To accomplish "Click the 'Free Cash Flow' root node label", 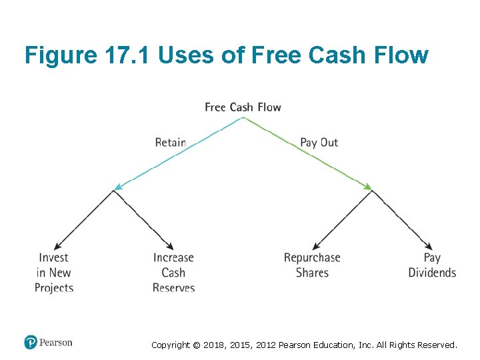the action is pos(243,107).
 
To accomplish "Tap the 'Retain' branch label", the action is pos(170,142).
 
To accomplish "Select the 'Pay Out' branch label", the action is pos(319,142).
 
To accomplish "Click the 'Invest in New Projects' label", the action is pos(54,273).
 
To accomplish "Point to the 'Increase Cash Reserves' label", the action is pos(173,273).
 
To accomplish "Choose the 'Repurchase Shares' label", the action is pos(312,265).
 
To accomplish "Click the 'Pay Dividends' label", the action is pos(432,265).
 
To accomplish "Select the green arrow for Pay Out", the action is pos(307,154).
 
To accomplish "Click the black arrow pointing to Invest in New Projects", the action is pos(85,219).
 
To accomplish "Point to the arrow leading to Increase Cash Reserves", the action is pos(143,219).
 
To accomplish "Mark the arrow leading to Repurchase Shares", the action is pos(342,219).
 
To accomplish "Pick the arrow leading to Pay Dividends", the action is pos(401,219).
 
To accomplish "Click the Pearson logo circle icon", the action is pos(31,343).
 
